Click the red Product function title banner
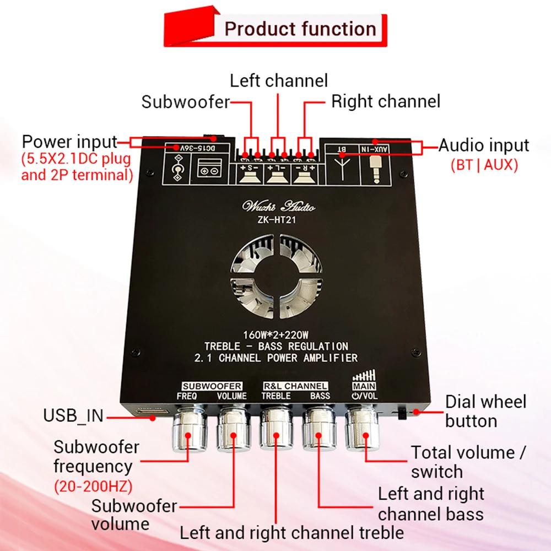[275, 28]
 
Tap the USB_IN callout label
[73, 416]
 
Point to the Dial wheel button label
[485, 411]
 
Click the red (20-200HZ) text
[93, 487]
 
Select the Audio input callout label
[484, 145]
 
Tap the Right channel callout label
[386, 101]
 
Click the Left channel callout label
[279, 80]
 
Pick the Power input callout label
[69, 142]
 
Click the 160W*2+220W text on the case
[275, 334]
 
